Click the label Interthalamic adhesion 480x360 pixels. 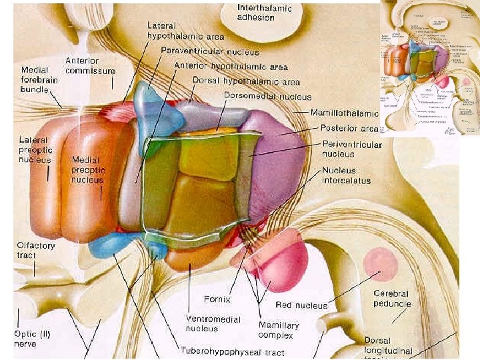coord(265,12)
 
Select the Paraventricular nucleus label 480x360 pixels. coord(210,51)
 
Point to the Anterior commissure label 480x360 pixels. coord(90,65)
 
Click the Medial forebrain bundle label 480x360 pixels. coord(41,79)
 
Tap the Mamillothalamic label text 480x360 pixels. coord(345,114)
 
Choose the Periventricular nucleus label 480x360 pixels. coord(351,149)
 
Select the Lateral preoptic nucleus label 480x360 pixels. coord(35,150)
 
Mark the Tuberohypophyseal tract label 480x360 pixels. coord(233,352)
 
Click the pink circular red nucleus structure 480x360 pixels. coord(380,261)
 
